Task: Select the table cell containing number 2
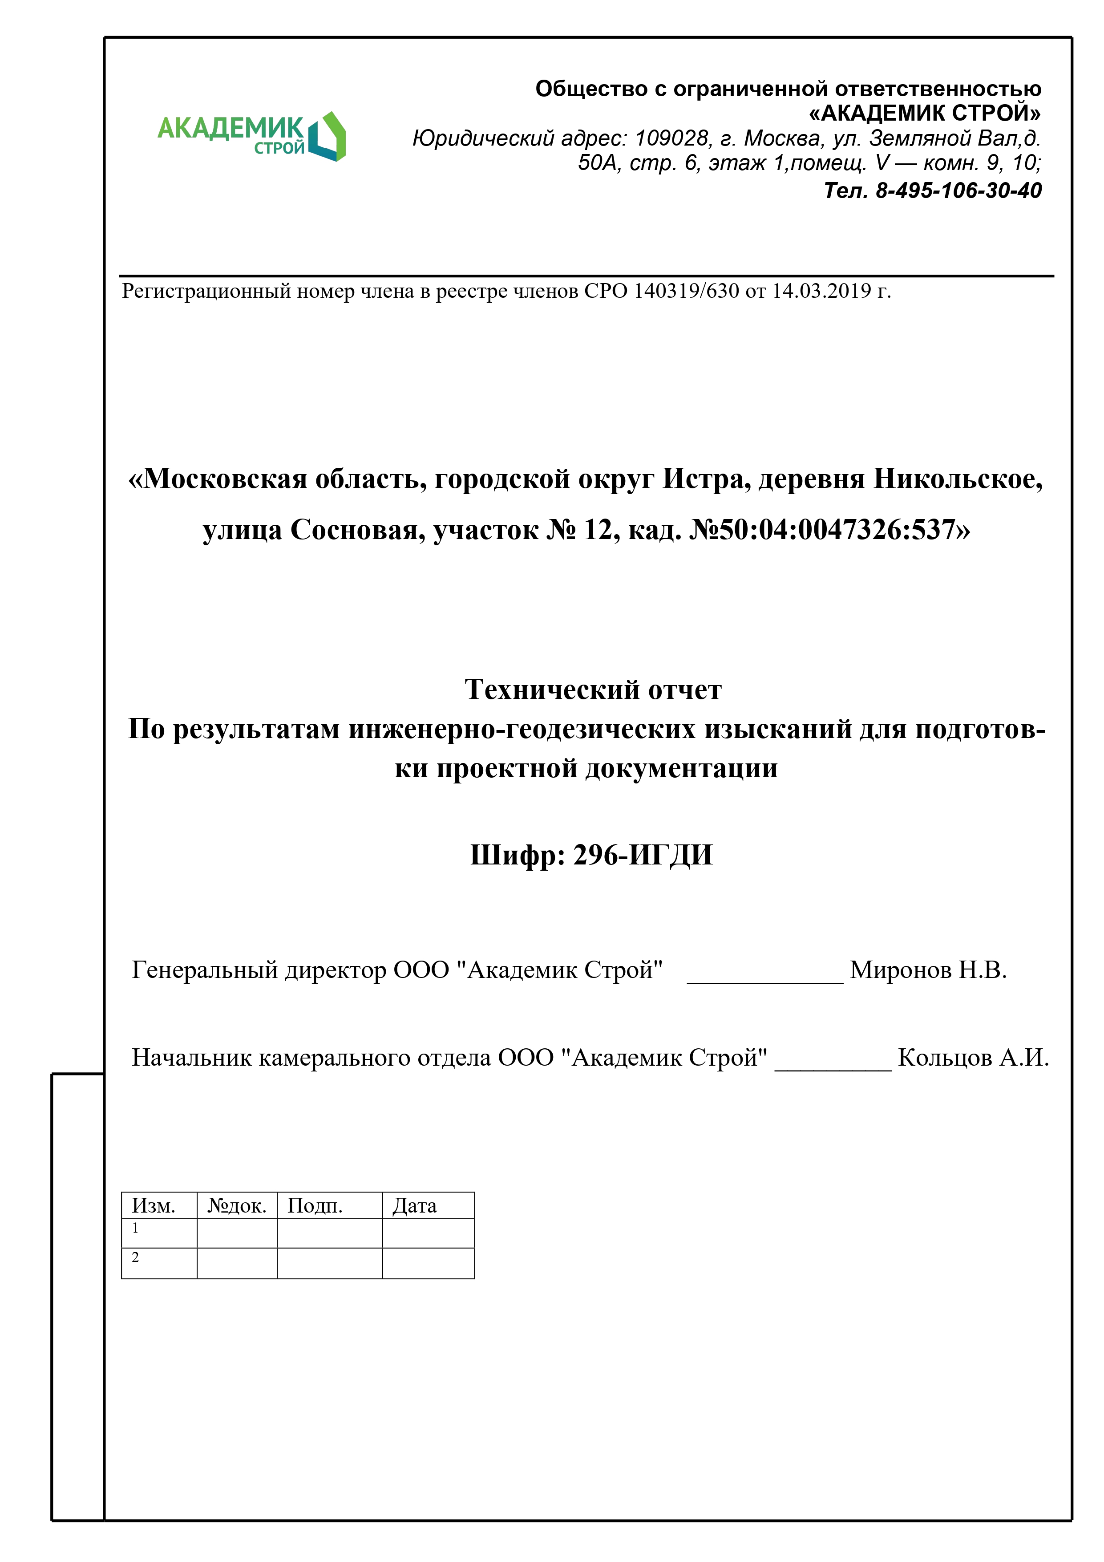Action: [x=158, y=1263]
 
